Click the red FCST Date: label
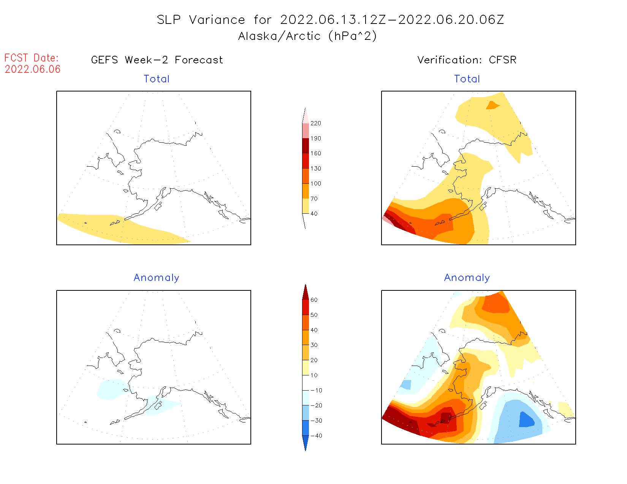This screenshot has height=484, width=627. coord(32,58)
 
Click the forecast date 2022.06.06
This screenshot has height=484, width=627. coord(33,69)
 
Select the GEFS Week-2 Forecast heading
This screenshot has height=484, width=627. coord(157,60)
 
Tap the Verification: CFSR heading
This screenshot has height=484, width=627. coord(467,60)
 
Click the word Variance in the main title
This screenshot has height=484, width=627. coord(217,20)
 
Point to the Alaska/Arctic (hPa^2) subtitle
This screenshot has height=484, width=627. coord(307,36)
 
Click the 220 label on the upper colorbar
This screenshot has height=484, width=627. coord(316,123)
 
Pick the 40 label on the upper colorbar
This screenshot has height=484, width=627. coord(314,214)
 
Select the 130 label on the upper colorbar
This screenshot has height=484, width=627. coord(316,169)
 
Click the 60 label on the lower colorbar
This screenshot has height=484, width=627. coord(314,300)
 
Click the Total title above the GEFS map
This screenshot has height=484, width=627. coord(157,79)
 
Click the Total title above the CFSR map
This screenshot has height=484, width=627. coord(467,79)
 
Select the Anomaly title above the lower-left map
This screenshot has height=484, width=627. coord(157,278)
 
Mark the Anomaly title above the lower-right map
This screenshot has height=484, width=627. coord(467,278)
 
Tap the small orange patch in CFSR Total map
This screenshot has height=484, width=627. coord(492,105)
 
